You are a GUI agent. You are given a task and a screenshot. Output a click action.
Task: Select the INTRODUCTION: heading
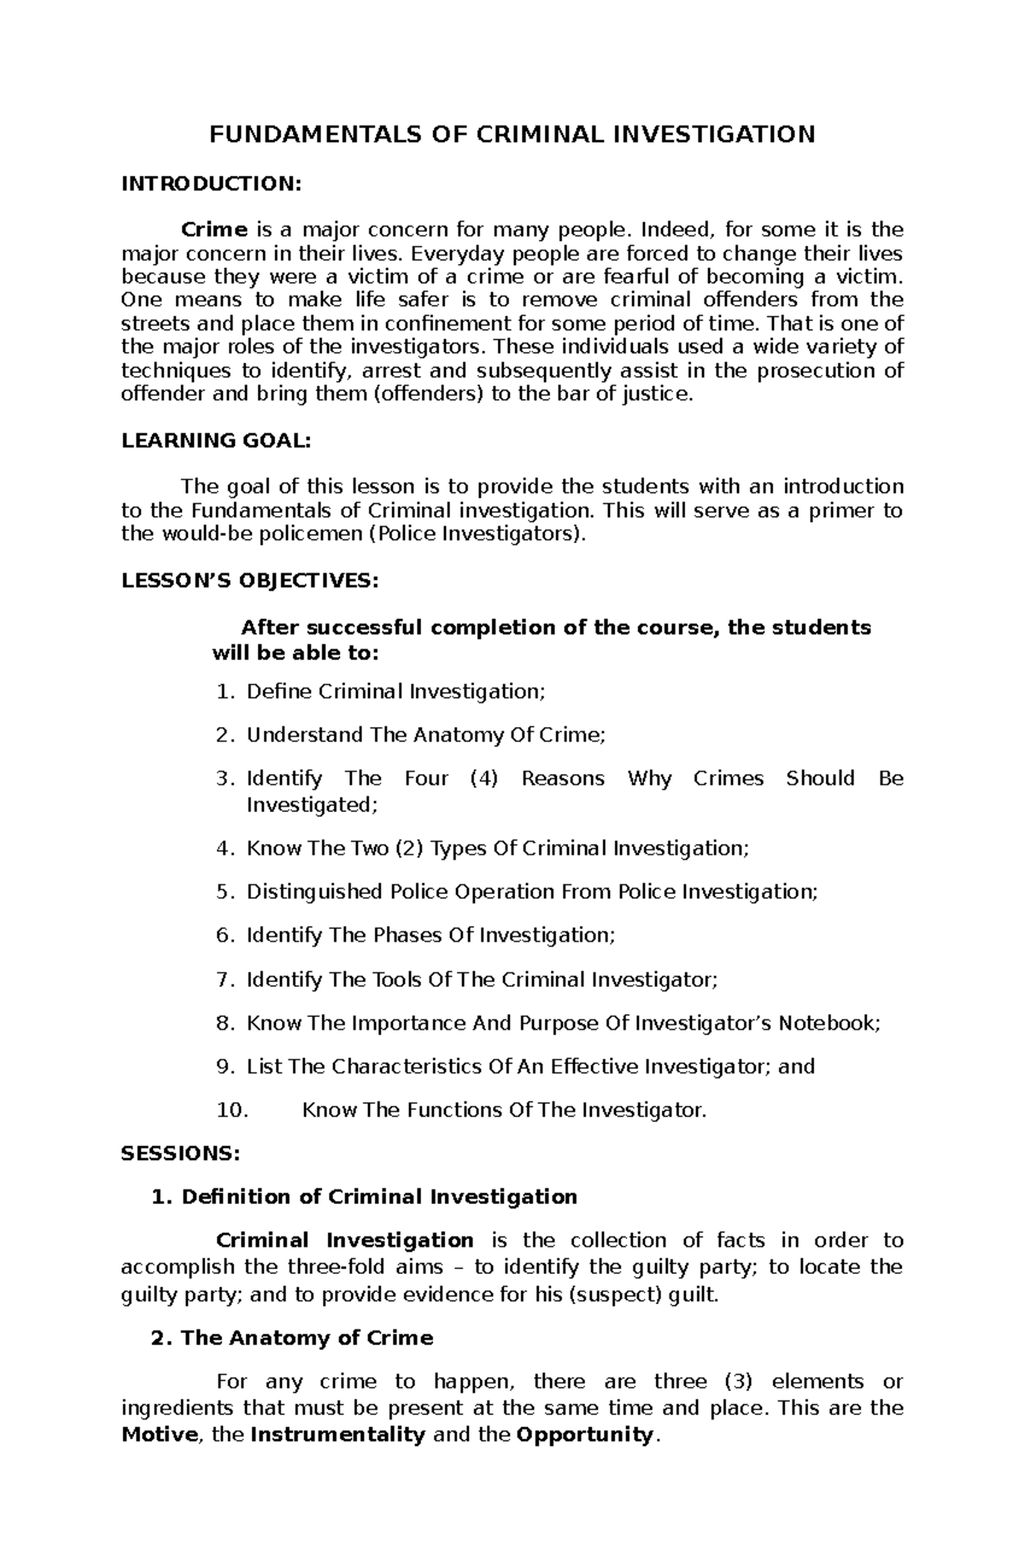point(211,184)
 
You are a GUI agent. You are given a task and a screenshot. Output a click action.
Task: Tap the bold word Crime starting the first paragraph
point(214,230)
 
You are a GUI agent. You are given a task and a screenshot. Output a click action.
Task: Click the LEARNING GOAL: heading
point(216,441)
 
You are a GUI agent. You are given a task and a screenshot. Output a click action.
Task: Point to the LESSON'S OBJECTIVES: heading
point(249,581)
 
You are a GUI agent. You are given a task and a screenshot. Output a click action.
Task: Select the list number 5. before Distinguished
point(225,892)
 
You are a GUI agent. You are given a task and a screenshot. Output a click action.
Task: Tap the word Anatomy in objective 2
point(448,735)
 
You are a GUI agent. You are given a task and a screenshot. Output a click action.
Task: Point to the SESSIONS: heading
point(181,1154)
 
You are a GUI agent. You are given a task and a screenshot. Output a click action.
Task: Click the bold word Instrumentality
point(337,1435)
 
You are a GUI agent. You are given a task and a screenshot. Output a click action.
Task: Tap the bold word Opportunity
point(585,1435)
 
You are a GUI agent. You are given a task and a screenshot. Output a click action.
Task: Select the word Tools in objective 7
point(399,979)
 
